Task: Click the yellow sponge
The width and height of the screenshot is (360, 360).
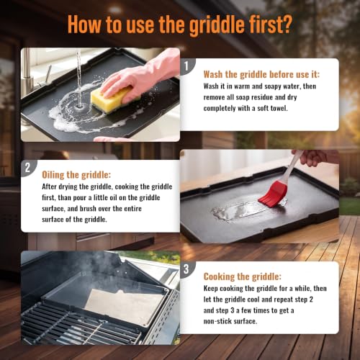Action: click(112, 99)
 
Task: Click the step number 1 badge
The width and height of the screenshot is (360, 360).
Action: click(187, 66)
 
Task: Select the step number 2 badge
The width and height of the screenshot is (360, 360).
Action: click(28, 168)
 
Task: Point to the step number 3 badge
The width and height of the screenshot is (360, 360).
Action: click(186, 269)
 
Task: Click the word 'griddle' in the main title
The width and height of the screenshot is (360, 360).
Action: click(217, 25)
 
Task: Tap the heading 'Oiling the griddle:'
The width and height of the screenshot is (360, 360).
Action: click(76, 175)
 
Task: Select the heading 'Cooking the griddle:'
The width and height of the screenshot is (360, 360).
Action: click(243, 276)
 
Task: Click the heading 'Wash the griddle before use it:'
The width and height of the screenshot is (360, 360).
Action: click(261, 74)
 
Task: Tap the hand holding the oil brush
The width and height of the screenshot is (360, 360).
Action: click(315, 157)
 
